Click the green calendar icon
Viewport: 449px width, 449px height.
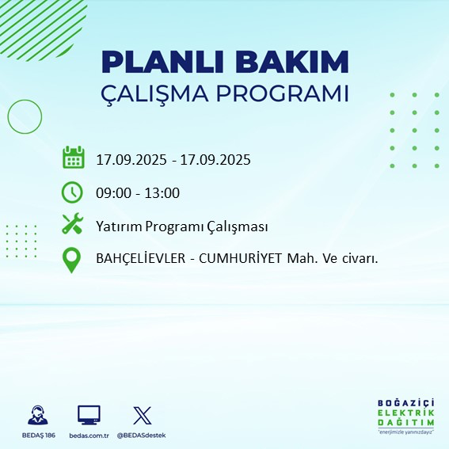coord(73,158)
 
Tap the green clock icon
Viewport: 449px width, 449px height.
coord(73,192)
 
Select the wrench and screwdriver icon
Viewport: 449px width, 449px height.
coord(73,225)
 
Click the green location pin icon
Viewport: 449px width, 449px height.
coord(73,260)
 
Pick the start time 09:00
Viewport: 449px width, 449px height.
coord(112,192)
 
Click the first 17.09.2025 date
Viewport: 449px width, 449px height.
coord(131,159)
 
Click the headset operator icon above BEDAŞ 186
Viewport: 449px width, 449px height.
coord(36,414)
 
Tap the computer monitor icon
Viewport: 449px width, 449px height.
coord(89,414)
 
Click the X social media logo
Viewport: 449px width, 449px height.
coord(142,414)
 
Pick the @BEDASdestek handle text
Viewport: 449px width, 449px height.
coord(142,436)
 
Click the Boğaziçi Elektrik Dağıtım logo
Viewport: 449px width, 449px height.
coord(405,416)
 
